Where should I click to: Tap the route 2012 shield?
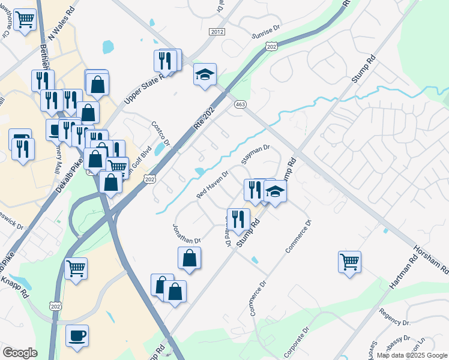pyautogui.click(x=217, y=32)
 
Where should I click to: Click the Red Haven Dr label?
pyautogui.click(x=213, y=187)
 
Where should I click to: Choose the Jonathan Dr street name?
pyautogui.click(x=187, y=233)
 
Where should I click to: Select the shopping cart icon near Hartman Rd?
pyautogui.click(x=349, y=262)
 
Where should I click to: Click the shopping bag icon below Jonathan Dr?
pyautogui.click(x=189, y=258)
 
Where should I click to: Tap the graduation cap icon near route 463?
pyautogui.click(x=205, y=74)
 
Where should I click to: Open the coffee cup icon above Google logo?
pyautogui.click(x=77, y=335)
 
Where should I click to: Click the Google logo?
pyautogui.click(x=20, y=353)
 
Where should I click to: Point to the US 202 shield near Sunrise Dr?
pyautogui.click(x=272, y=46)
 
